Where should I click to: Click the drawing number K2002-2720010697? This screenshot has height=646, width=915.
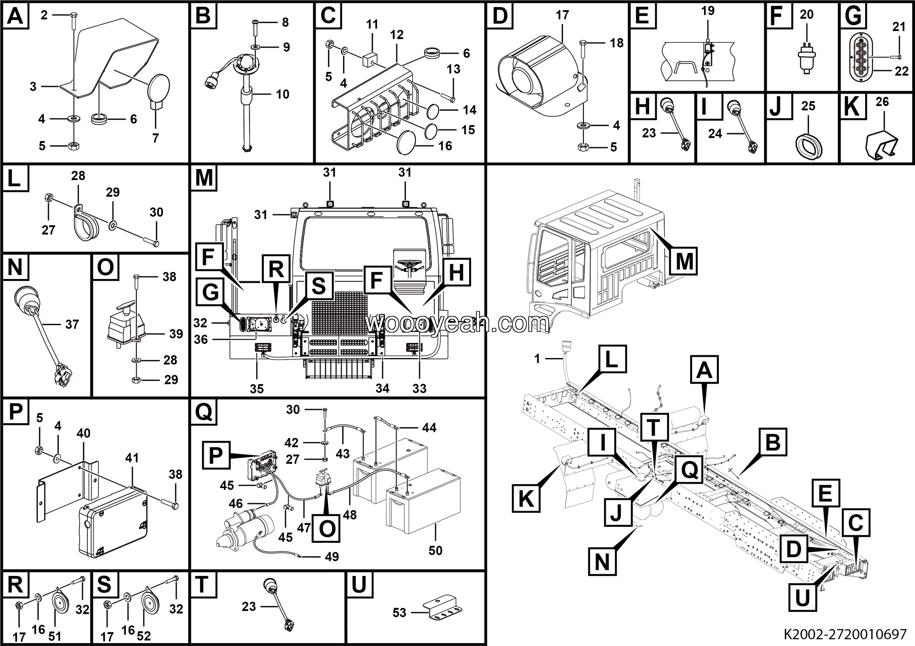845,633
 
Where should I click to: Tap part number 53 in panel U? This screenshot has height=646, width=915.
399,612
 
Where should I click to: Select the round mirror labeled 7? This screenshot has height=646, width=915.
159,91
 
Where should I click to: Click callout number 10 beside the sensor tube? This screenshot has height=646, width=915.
283,94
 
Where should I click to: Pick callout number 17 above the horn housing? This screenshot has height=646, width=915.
562,15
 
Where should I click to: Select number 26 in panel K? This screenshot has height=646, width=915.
882,102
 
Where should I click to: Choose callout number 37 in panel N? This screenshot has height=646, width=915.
72,324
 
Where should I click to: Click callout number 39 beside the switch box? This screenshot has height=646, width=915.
176,334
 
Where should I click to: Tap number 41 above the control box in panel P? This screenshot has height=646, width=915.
132,458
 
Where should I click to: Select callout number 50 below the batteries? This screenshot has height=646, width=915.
436,551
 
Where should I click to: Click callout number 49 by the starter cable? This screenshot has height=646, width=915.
332,557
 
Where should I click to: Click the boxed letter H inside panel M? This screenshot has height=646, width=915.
456,272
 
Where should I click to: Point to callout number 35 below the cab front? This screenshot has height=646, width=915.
257,389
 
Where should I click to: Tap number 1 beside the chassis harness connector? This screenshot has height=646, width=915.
537,359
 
